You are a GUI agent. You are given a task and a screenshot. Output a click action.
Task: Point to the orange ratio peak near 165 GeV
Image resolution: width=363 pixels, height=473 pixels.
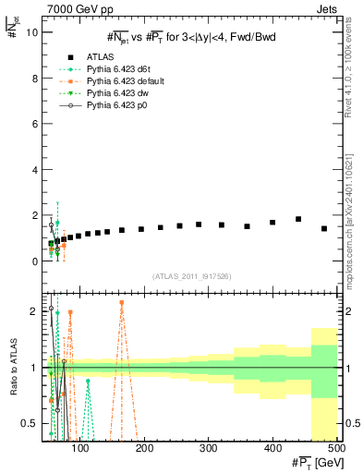[x=122, y=303]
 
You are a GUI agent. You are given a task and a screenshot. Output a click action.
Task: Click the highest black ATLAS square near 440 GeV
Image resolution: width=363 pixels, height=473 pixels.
[x=298, y=219]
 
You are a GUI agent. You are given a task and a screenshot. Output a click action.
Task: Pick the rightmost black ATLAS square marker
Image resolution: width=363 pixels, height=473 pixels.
[x=324, y=228]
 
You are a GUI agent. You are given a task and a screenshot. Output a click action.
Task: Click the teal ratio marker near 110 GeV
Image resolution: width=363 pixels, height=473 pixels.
[x=88, y=381]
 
